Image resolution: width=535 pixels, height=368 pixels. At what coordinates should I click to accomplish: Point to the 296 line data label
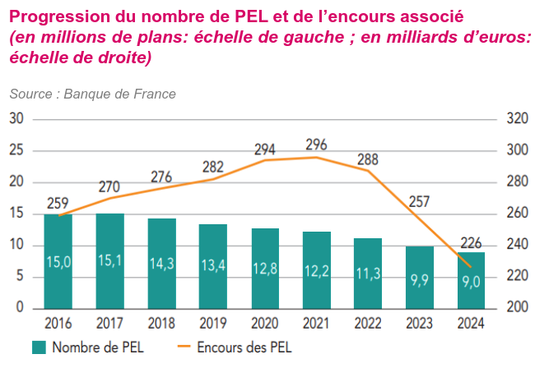pyautogui.click(x=316, y=145)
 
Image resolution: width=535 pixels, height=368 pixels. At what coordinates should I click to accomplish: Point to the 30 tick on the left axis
pyautogui.click(x=17, y=119)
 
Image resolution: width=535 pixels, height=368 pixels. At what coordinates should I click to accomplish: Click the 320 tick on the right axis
pyautogui.click(x=516, y=119)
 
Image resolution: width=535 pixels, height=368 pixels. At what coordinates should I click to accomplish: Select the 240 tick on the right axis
pyautogui.click(x=516, y=245)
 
